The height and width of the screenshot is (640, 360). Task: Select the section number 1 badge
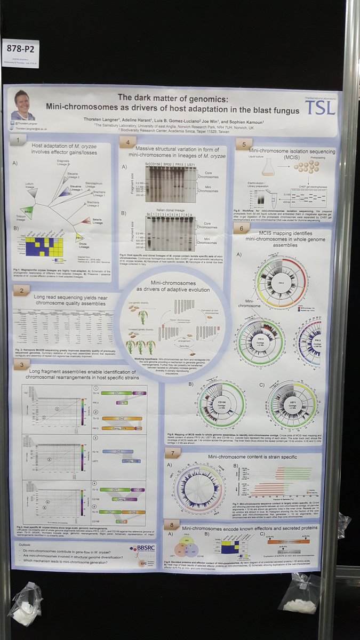[21, 140]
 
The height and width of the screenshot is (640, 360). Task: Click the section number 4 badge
[127, 142]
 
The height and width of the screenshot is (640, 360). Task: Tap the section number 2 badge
[21, 291]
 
